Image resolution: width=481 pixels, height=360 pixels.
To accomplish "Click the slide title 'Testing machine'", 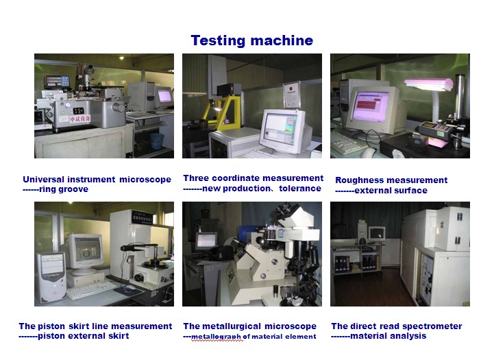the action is click(252, 40).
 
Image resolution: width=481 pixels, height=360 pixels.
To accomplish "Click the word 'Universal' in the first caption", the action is click(44, 179).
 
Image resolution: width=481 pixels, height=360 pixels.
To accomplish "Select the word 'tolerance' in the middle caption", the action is click(300, 188).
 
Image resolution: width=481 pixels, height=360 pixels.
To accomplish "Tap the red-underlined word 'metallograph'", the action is click(217, 337).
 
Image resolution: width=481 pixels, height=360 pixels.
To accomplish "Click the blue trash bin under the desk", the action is click(157, 141).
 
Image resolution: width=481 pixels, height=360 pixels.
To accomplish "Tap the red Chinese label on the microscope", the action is click(79, 119).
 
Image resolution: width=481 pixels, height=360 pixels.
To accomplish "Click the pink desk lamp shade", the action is click(429, 84).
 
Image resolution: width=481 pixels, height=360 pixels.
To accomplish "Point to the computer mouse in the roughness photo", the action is click(368, 152).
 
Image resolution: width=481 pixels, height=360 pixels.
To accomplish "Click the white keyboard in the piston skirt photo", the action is click(91, 289).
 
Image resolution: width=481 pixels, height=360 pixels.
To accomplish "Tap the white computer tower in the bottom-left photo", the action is click(51, 277).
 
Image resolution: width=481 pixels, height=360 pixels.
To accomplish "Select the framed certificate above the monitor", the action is click(291, 95).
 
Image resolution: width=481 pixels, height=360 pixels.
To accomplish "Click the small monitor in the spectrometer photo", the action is click(377, 234).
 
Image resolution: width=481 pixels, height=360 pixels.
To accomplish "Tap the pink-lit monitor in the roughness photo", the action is click(370, 106).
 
